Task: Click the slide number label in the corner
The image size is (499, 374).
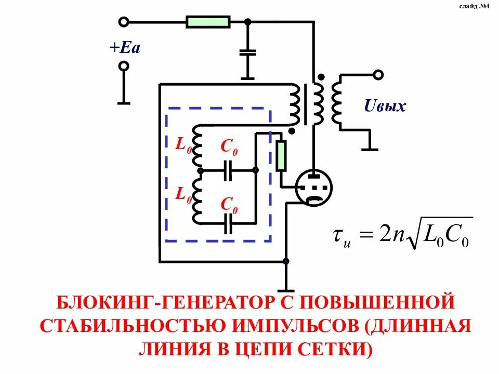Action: pos(474,7)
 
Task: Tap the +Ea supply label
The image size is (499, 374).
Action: pos(125,48)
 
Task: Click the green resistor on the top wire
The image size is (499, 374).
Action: pos(208,22)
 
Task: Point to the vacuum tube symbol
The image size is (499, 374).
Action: pos(314,188)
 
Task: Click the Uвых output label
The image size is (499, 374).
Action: pos(385,107)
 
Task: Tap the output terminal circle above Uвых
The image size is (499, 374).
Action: pos(379,75)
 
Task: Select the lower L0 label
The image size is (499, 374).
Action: pos(183,195)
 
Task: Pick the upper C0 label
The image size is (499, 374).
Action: pos(229,148)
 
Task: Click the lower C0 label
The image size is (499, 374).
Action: pos(229,205)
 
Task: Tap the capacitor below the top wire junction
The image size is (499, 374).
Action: pos(247,52)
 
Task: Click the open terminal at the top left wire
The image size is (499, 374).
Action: pos(124,22)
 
